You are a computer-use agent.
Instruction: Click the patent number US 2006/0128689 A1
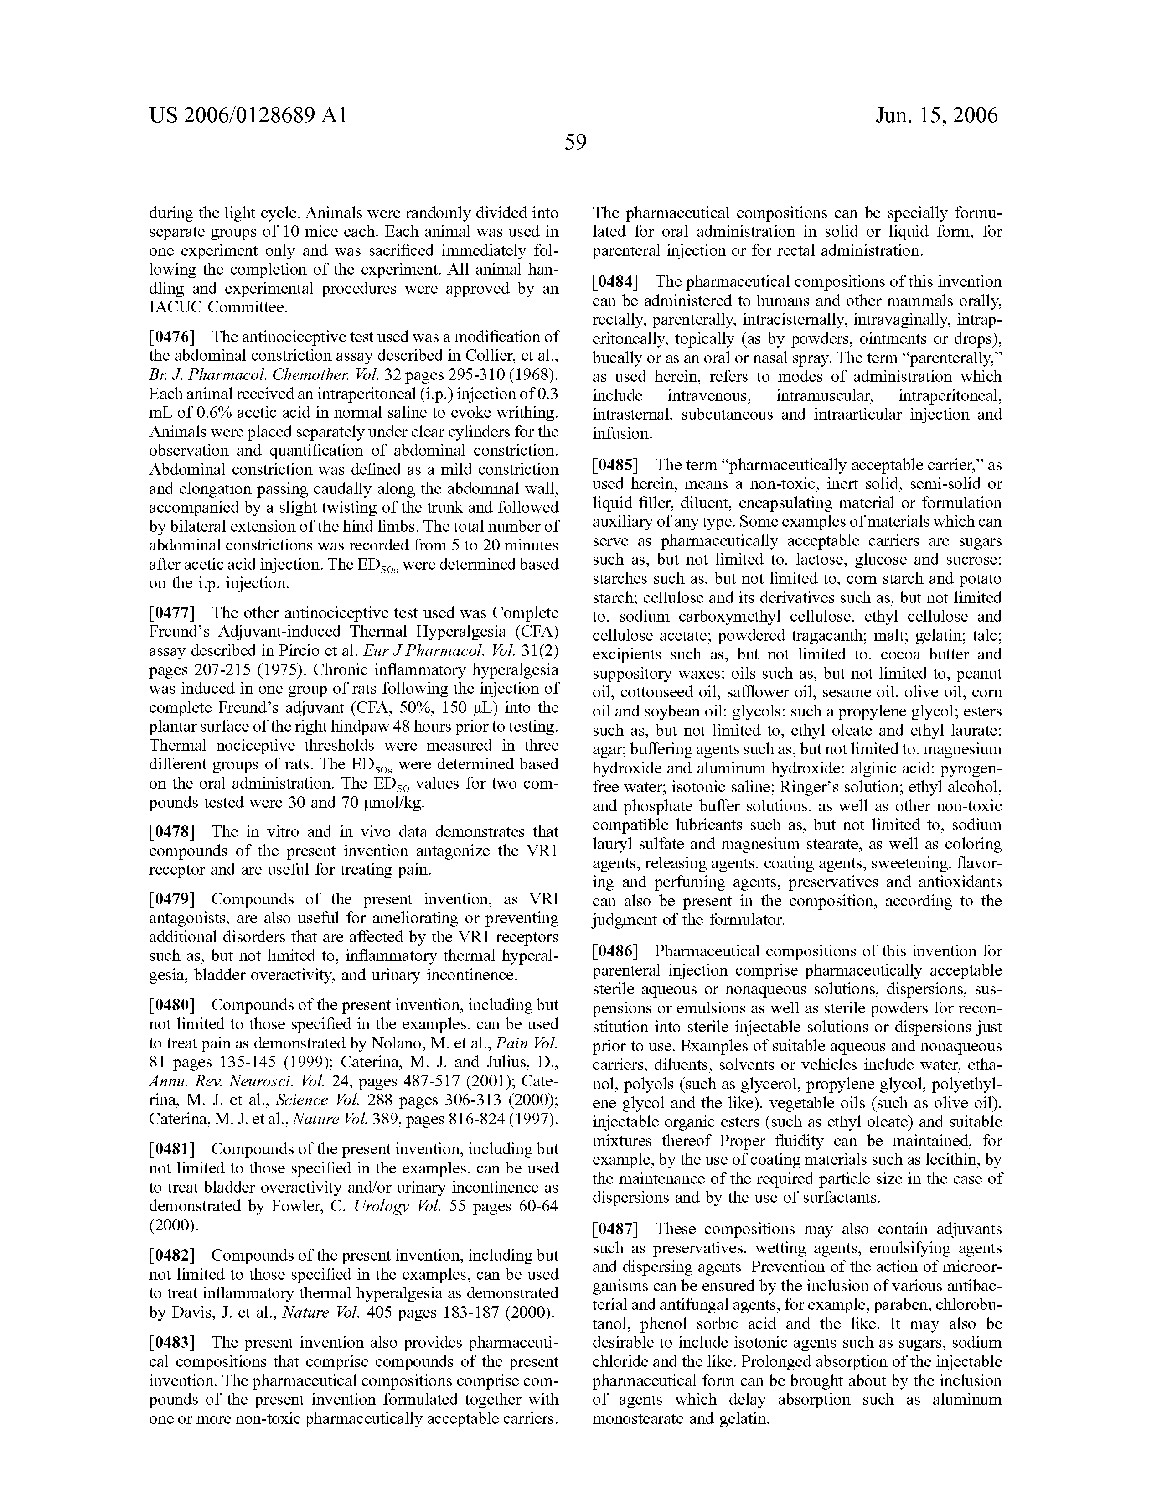(x=248, y=115)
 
